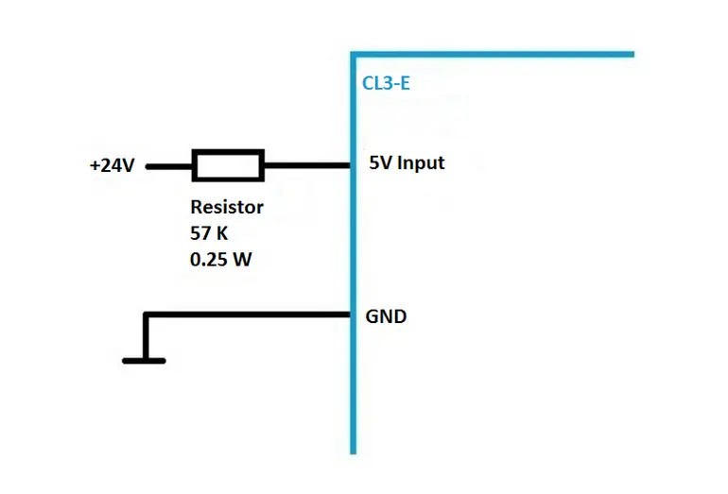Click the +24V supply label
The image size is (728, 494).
tap(113, 165)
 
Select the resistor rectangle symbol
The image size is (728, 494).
tap(228, 165)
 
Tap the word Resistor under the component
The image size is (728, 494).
tap(227, 207)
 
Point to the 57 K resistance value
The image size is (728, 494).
tap(209, 233)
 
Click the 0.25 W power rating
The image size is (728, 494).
tap(220, 260)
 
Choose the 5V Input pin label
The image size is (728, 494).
tap(407, 163)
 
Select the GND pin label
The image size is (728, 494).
tap(386, 316)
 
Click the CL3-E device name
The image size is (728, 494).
tap(386, 83)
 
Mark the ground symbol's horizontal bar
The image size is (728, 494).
tap(144, 360)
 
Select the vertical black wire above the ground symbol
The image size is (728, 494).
tap(145, 336)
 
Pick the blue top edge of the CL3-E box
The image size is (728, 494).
tap(492, 54)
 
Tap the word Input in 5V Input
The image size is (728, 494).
tap(421, 163)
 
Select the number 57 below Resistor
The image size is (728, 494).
tap(199, 233)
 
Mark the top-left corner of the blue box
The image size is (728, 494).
tap(353, 54)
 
